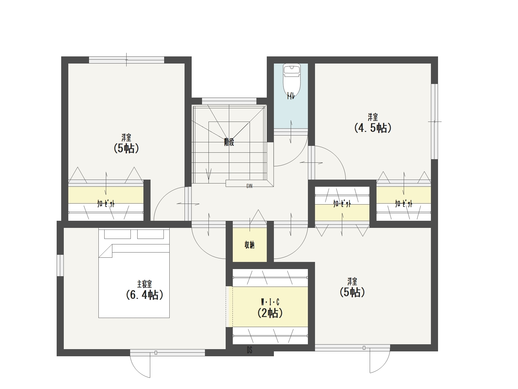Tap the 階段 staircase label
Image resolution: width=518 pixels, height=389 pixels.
pyautogui.click(x=229, y=142)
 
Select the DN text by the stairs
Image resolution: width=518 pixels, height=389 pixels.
pyautogui.click(x=249, y=186)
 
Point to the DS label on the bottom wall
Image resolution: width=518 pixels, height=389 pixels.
pyautogui.click(x=249, y=350)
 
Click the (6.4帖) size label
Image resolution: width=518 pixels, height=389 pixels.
pyautogui.click(x=144, y=295)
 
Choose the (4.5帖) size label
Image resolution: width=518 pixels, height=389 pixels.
pyautogui.click(x=373, y=128)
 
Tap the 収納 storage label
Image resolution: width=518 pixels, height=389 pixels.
pyautogui.click(x=249, y=245)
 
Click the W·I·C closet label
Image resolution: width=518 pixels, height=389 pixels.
pyautogui.click(x=270, y=302)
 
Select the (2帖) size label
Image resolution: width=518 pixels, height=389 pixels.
pyautogui.click(x=270, y=313)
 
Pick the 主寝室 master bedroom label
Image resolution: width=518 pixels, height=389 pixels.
pyautogui.click(x=144, y=284)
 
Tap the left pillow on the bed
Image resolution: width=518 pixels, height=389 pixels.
pyautogui.click(x=118, y=234)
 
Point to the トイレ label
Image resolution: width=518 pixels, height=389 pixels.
pyautogui.click(x=291, y=96)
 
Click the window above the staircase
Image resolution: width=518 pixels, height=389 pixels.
pyautogui.click(x=229, y=101)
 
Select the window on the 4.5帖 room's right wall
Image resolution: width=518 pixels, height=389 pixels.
pyautogui.click(x=434, y=121)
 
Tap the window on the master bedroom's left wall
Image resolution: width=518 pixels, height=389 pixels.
pyautogui.click(x=61, y=265)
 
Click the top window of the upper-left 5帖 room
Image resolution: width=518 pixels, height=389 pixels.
pyautogui.click(x=127, y=60)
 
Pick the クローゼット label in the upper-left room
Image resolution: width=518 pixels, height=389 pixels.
pyautogui.click(x=106, y=204)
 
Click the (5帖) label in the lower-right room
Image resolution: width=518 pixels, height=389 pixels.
pyautogui.click(x=352, y=292)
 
